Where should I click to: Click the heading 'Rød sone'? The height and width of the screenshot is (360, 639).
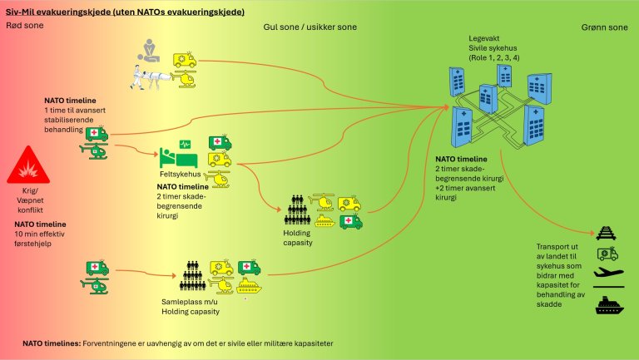pyautogui.click(x=24, y=27)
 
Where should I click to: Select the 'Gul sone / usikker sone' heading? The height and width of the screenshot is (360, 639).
pyautogui.click(x=309, y=27)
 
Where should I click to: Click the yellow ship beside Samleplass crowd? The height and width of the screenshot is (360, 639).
pyautogui.click(x=249, y=284)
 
